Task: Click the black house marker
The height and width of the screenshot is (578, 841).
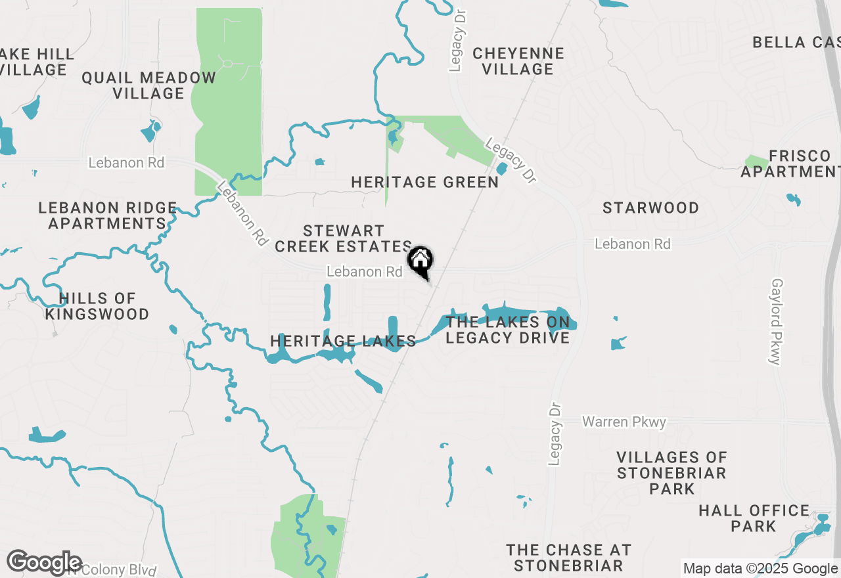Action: (420, 261)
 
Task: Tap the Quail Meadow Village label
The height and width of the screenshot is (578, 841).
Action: (148, 85)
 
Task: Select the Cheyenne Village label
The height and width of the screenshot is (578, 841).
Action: (518, 61)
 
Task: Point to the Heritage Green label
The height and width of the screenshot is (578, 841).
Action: (425, 182)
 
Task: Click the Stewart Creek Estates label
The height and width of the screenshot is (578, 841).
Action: (343, 238)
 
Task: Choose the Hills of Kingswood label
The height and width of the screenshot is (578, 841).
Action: (97, 307)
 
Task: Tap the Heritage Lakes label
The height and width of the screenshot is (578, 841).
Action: (343, 341)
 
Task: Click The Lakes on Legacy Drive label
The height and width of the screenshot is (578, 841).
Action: (507, 330)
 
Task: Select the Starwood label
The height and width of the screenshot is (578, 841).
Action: (650, 208)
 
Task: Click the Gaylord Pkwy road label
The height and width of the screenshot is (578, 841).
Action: (777, 321)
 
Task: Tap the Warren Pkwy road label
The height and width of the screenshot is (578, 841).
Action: (624, 422)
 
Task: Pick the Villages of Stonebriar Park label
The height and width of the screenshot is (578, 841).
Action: (671, 473)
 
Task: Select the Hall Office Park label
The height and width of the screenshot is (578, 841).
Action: (754, 518)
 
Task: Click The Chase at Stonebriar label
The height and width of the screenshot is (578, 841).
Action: (568, 558)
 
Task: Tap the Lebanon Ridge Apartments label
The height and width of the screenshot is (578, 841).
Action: (107, 215)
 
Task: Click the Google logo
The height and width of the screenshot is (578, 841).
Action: (44, 563)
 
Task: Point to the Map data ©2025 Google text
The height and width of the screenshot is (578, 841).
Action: (760, 569)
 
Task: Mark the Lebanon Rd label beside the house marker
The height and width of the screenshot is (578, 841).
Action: (365, 271)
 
